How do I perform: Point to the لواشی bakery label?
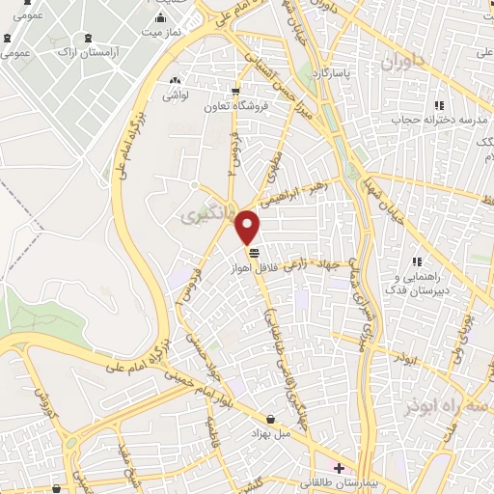coord(174,96)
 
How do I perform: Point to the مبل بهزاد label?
coord(270,433)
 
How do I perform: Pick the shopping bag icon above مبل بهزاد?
coord(270,420)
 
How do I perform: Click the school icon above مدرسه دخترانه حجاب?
coord(438,105)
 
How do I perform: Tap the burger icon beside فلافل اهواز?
coord(253,253)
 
